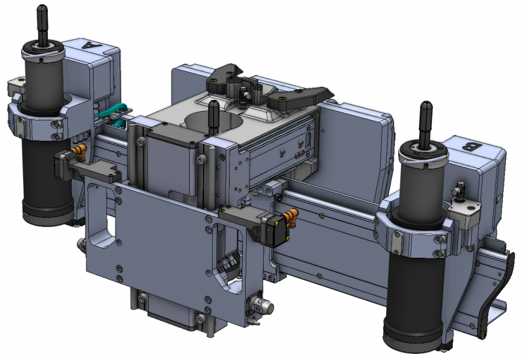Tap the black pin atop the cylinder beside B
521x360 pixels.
425,122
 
